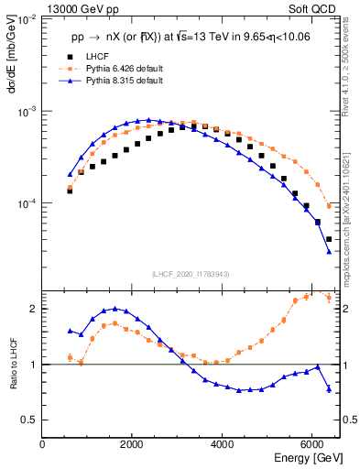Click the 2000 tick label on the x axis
[x=133, y=444]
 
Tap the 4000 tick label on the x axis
[x=223, y=444]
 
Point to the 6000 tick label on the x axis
[x=312, y=444]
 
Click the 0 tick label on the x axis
[x=43, y=444]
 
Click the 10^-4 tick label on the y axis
[x=27, y=204]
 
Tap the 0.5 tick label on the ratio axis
[x=29, y=420]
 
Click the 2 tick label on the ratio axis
[x=34, y=309]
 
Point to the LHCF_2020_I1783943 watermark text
[x=191, y=274]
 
